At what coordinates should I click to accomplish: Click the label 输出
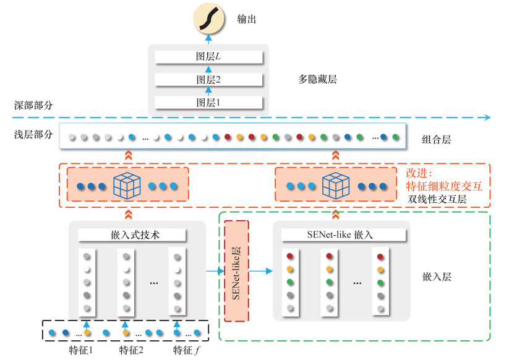click(x=246, y=20)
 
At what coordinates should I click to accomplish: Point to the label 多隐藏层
click(x=317, y=79)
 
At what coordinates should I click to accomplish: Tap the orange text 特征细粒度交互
click(x=443, y=185)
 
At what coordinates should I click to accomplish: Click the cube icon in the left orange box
click(x=128, y=185)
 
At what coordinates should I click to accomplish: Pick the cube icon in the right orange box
click(x=336, y=185)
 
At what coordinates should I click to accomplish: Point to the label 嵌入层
click(x=437, y=276)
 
